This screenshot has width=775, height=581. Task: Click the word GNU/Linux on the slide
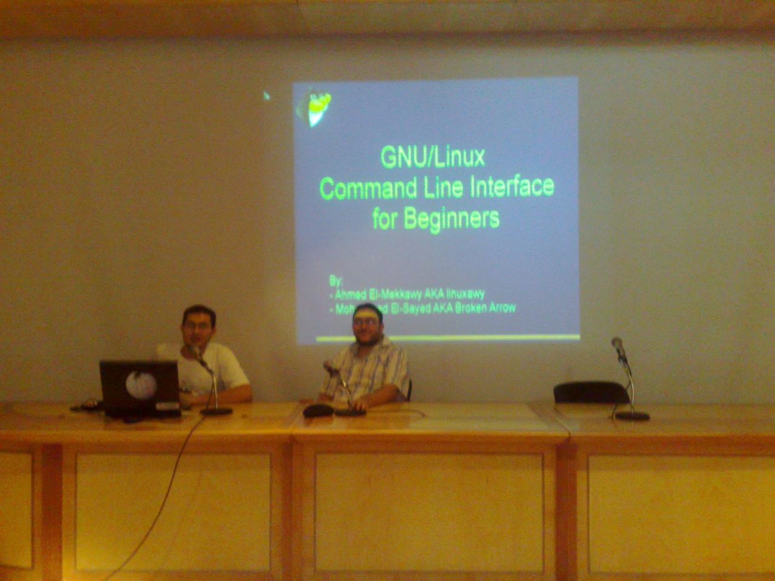(x=432, y=157)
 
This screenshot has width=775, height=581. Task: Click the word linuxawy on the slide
(x=466, y=294)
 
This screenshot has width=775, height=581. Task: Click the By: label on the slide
(x=336, y=281)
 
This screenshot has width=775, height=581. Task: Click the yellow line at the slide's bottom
(x=448, y=336)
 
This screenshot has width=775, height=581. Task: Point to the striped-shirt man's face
(x=365, y=323)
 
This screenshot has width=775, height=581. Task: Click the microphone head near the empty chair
(x=618, y=345)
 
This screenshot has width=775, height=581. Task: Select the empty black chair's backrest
(x=590, y=392)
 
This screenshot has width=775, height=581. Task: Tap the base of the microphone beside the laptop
(x=216, y=412)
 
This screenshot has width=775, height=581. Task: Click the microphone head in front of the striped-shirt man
(x=329, y=366)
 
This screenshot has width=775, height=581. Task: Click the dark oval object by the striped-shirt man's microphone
(x=318, y=410)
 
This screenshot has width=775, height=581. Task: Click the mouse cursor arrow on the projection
(x=266, y=95)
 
